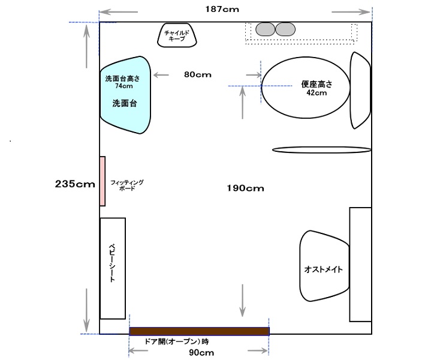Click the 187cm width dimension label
[x=222, y=9]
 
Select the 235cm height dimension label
[x=75, y=184]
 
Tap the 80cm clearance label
[x=198, y=74]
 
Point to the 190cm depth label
[x=245, y=188]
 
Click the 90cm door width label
[x=201, y=352]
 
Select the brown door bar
[x=199, y=331]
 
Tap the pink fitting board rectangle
[x=103, y=181]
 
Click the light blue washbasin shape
[x=125, y=95]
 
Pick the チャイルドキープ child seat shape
[x=177, y=35]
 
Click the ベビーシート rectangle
[x=113, y=268]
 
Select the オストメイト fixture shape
[x=324, y=266]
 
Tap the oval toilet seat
[x=306, y=88]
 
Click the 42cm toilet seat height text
[x=317, y=93]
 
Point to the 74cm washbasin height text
[x=124, y=86]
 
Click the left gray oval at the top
[x=266, y=29]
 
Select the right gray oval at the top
[x=285, y=29]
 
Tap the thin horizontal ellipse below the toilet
[x=322, y=149]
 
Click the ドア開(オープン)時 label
[x=177, y=341]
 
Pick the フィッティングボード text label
[x=127, y=185]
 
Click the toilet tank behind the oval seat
[x=360, y=90]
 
